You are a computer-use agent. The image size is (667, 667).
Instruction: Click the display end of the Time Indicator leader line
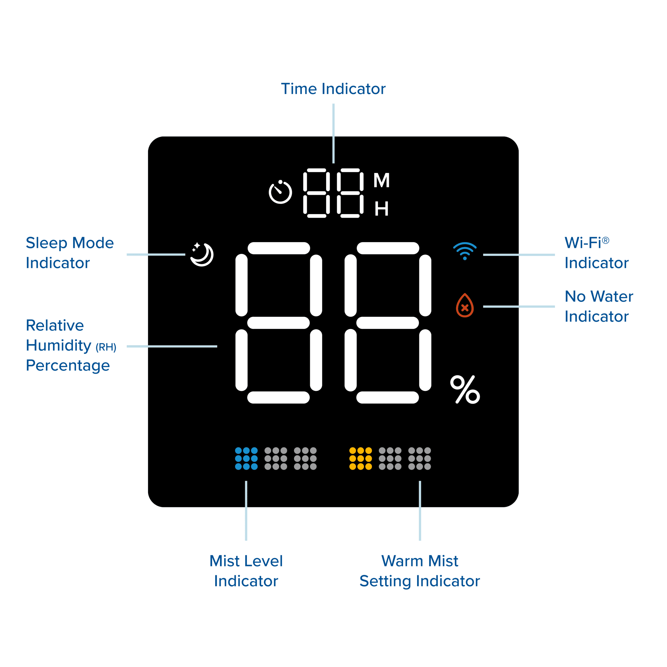coord(333,163)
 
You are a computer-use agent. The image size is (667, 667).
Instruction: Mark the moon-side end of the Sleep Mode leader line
coord(185,255)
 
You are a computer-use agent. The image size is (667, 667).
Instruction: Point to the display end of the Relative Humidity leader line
coord(217,346)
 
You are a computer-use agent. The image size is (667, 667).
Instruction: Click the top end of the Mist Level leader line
coord(246,481)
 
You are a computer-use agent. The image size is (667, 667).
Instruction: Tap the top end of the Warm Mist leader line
coord(420,481)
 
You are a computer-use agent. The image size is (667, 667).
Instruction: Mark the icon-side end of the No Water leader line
coord(483,306)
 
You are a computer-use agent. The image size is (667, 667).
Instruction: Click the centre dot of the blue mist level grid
coord(246,459)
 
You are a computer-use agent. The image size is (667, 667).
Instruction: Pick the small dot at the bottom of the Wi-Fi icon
coord(465,258)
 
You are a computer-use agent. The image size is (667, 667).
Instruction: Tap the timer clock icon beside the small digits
coord(280,192)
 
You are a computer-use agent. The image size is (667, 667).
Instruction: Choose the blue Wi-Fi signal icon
coord(465,251)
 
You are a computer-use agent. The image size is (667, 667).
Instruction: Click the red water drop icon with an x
coord(465,305)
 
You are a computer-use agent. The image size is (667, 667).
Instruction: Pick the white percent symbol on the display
coord(465,390)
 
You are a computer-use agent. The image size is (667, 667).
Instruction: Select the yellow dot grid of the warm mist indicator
coord(360,459)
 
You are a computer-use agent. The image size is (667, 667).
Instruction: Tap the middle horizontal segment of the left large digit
coord(279,323)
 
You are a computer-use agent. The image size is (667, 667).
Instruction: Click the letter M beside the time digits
coord(381,180)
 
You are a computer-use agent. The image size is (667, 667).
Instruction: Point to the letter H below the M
coord(381,209)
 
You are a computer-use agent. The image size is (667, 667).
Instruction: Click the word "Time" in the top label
coord(299,89)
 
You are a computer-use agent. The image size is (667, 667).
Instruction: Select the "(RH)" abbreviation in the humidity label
coord(106,347)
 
